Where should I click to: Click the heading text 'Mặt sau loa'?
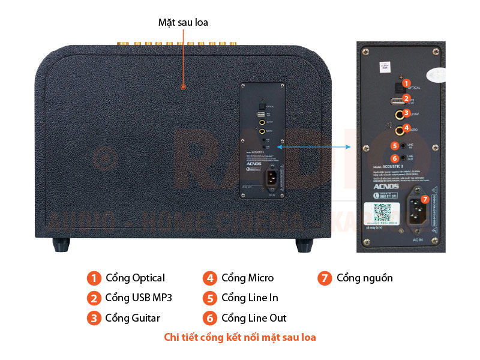point(183,22)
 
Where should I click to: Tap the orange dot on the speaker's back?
point(184,88)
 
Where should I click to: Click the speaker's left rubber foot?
point(61,244)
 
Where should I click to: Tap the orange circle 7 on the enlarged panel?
point(425,199)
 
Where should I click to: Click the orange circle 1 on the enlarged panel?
point(406,83)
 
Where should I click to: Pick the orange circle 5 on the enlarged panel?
point(394,145)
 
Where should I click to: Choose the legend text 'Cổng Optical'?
point(135,278)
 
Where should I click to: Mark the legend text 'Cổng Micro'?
point(247,278)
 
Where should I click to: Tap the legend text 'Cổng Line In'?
point(250,298)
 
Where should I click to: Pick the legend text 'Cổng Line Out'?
point(254,318)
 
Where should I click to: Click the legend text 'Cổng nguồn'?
point(365,278)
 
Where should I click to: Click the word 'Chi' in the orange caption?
point(172,337)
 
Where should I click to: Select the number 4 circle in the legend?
point(209,278)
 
